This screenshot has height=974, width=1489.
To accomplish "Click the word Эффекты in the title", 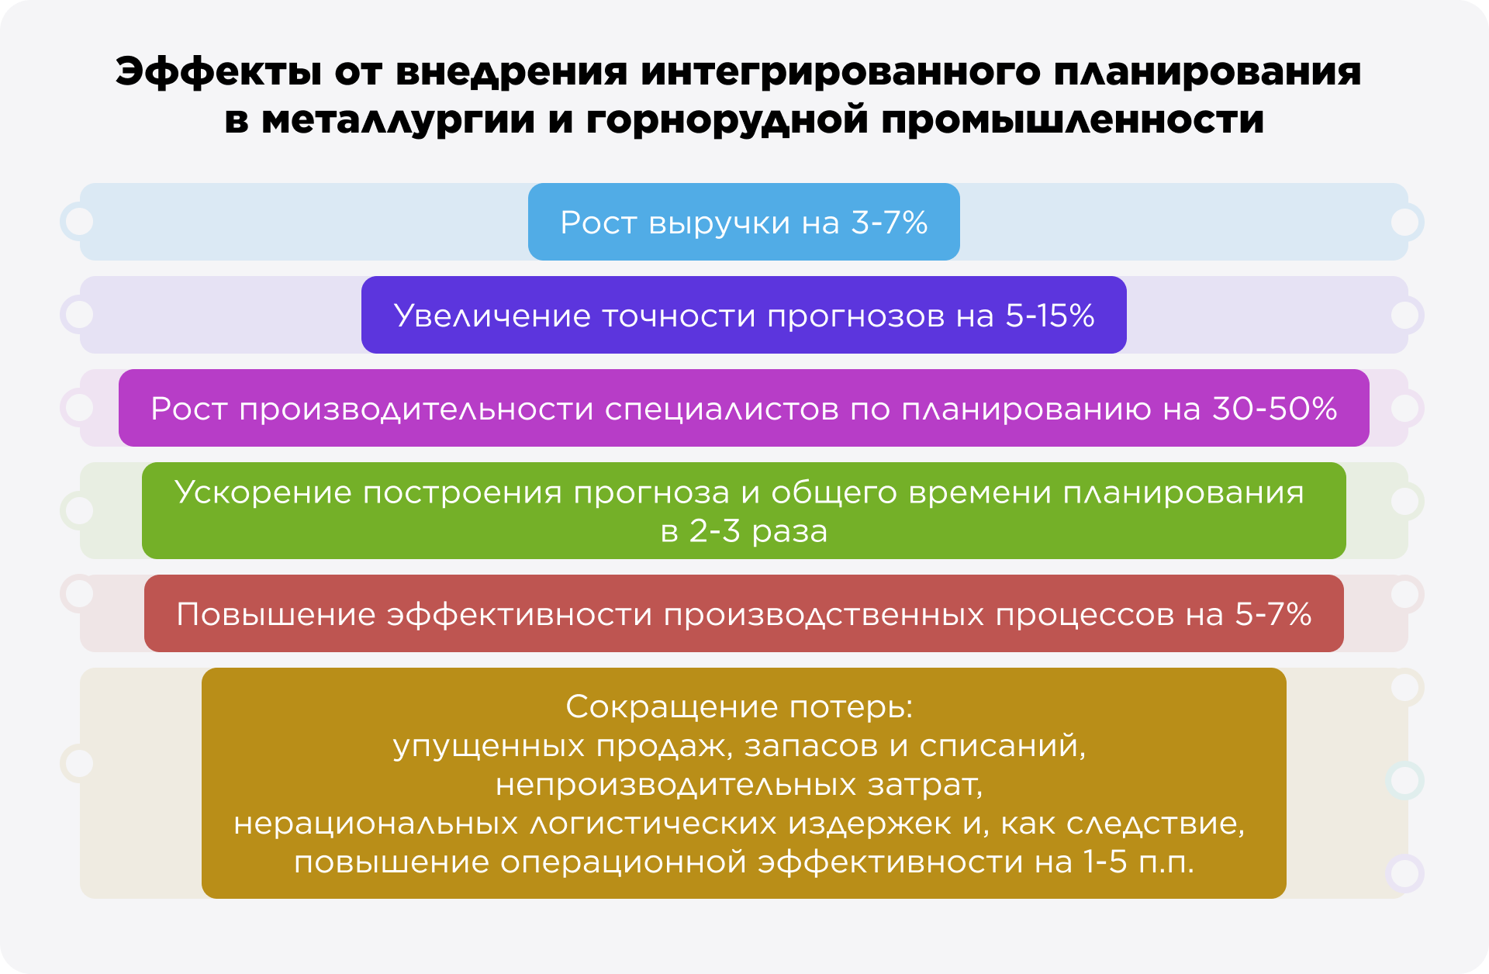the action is [218, 71].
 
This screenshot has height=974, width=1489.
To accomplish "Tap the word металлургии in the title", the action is [398, 120].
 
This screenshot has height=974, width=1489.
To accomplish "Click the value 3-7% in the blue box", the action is [890, 223].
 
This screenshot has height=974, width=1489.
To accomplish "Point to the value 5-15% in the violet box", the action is [1050, 316].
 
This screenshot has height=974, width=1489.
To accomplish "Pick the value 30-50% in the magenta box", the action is [1275, 409].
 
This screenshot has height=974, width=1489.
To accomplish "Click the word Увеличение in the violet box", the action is [492, 316].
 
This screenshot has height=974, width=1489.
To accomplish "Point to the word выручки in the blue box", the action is [720, 223].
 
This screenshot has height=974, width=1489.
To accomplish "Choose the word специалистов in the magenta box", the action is [722, 409].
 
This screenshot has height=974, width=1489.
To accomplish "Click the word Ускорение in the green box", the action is [263, 492].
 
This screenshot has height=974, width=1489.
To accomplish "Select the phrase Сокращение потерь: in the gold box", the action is [740, 706].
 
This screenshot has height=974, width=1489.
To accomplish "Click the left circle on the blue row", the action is [78, 222].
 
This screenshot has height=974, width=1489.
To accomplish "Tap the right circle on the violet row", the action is [1405, 316].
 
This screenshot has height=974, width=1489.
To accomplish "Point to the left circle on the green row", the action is [78, 510].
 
